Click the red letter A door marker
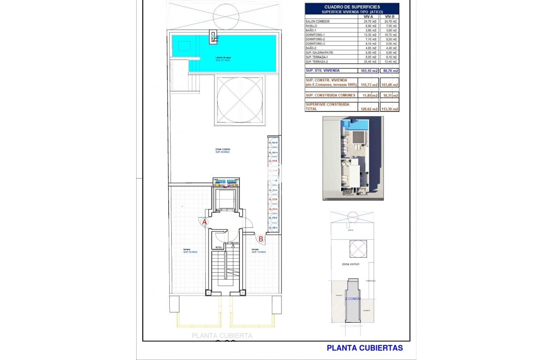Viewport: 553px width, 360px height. [x=205, y=222]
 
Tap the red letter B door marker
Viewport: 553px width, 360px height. [x=261, y=239]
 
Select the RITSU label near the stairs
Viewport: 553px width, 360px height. [x=219, y=248]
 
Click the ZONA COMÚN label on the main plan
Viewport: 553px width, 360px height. [x=222, y=149]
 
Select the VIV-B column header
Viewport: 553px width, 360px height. [x=390, y=16]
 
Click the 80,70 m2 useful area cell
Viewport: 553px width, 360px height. [x=390, y=71]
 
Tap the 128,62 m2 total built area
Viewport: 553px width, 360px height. [x=369, y=109]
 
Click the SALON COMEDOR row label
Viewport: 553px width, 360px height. [x=318, y=21]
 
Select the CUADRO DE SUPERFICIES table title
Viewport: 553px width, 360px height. [x=352, y=7]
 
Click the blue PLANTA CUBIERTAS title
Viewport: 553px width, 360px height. [x=364, y=348]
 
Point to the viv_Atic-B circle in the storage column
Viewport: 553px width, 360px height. [x=273, y=143]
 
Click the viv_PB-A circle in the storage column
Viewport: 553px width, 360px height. [x=273, y=228]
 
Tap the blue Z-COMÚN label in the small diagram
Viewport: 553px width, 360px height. [x=352, y=299]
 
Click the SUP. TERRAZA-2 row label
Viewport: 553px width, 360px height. [x=320, y=62]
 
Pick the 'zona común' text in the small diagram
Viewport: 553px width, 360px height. [x=351, y=264]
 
